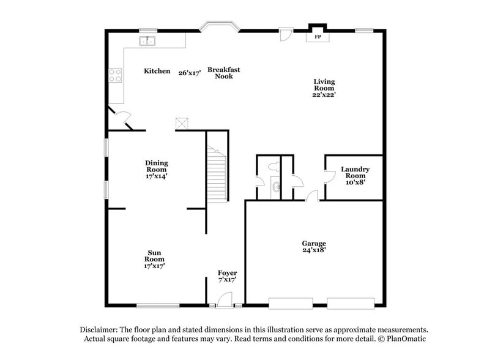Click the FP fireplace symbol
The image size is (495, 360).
coord(318,36)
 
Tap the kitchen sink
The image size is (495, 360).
coord(147,42)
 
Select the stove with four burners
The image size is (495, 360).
coord(114,75)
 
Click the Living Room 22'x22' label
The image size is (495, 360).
coord(324,88)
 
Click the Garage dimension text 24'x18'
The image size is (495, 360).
coord(313,250)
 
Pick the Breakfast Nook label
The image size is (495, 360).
coord(223,73)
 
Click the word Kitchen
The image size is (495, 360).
coord(157,71)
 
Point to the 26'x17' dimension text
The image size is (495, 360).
coord(190,72)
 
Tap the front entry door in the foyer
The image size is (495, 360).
coord(225,299)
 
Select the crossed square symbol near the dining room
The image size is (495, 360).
coord(181,123)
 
